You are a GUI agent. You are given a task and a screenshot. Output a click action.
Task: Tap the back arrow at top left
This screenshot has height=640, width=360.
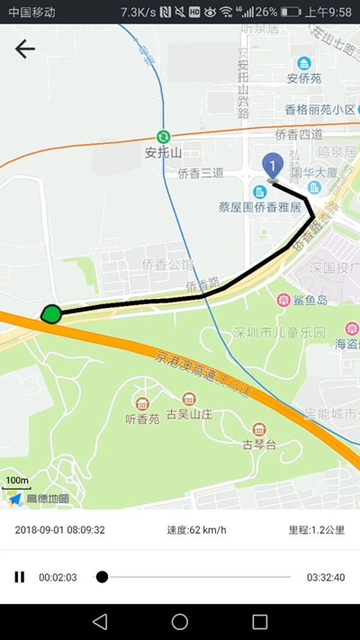pyautogui.click(x=25, y=50)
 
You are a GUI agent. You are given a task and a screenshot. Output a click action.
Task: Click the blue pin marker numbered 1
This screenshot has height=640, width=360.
pyautogui.click(x=272, y=166)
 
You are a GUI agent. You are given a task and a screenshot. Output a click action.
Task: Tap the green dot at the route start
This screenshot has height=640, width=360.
pyautogui.click(x=51, y=314)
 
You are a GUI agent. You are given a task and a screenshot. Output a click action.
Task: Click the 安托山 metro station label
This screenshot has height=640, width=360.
pyautogui.click(x=163, y=152)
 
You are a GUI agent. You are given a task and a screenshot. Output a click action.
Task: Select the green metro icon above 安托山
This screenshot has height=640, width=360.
pyautogui.click(x=163, y=135)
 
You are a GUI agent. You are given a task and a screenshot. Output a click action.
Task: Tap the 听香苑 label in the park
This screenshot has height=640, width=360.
pyautogui.click(x=142, y=419)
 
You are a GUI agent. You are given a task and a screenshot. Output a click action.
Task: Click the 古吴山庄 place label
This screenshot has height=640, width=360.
pyautogui.click(x=189, y=414)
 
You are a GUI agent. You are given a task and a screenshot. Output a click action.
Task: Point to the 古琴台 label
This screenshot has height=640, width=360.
pyautogui.click(x=259, y=444)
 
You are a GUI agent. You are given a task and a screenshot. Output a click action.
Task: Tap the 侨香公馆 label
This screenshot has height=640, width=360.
pyautogui.click(x=167, y=265)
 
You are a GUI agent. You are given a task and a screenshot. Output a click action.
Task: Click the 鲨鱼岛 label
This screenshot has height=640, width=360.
pyautogui.click(x=309, y=300)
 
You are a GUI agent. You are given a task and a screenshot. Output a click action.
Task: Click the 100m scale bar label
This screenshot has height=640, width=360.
pyautogui.click(x=16, y=481)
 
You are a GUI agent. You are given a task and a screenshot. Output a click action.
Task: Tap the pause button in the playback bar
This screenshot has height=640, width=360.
pyautogui.click(x=20, y=577)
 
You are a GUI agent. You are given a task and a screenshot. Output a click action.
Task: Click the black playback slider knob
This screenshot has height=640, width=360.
pyautogui.click(x=102, y=577)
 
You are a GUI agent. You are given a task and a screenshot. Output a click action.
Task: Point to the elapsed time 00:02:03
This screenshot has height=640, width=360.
pyautogui.click(x=58, y=577)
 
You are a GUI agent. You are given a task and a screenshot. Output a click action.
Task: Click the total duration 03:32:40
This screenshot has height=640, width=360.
pyautogui.click(x=325, y=577)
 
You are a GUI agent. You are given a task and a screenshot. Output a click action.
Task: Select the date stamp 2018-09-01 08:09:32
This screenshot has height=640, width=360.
pyautogui.click(x=60, y=530)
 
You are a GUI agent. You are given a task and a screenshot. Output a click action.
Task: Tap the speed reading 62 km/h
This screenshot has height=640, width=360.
pyautogui.click(x=196, y=530)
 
